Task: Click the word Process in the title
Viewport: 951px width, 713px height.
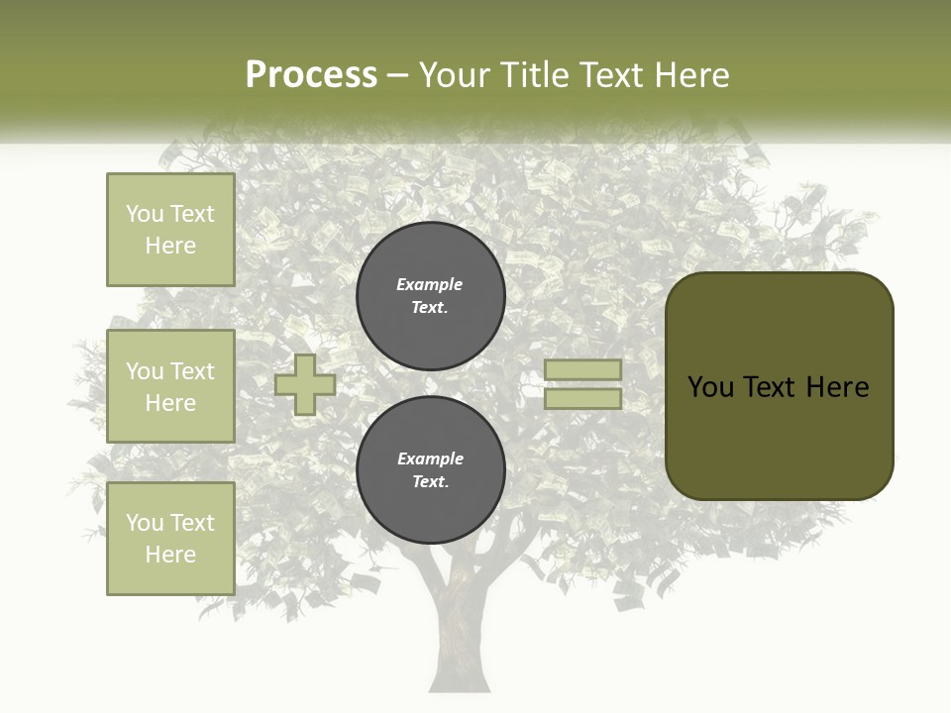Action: pyautogui.click(x=311, y=75)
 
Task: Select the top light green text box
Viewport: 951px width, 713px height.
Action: pyautogui.click(x=170, y=230)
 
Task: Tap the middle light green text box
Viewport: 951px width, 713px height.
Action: pyautogui.click(x=170, y=386)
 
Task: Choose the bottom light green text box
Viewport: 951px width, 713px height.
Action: pyautogui.click(x=170, y=539)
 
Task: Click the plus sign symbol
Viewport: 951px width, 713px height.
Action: pyautogui.click(x=305, y=384)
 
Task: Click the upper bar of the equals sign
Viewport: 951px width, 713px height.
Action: pyautogui.click(x=582, y=369)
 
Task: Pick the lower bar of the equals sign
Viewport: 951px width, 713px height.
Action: pyautogui.click(x=582, y=399)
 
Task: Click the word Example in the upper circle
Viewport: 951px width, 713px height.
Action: pyautogui.click(x=429, y=284)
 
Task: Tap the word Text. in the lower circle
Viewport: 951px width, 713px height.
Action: pyautogui.click(x=430, y=482)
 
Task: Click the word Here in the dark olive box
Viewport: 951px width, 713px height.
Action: pyautogui.click(x=837, y=387)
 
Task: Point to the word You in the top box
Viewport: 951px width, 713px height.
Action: pyautogui.click(x=145, y=214)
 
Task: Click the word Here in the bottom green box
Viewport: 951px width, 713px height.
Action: pyautogui.click(x=170, y=555)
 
